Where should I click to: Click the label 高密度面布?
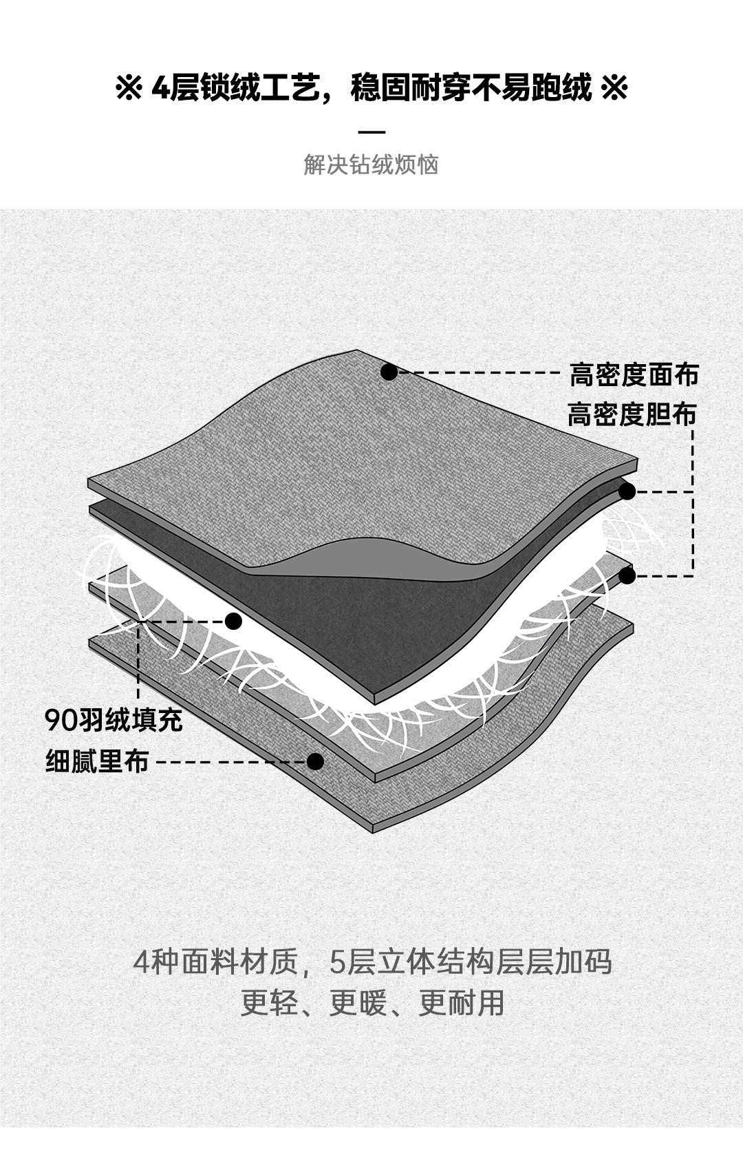click(634, 375)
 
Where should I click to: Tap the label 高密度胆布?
click(632, 415)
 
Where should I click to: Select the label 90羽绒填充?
click(114, 720)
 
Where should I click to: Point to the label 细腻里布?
click(97, 762)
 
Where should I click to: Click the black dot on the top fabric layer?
click(389, 372)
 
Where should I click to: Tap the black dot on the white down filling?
click(234, 622)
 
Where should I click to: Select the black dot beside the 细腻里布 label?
click(315, 761)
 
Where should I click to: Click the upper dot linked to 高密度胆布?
click(627, 491)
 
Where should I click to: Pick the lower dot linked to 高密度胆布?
click(627, 576)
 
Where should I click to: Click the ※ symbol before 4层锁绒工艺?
click(129, 89)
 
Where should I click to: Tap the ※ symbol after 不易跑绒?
click(614, 89)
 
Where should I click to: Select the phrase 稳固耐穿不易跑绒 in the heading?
click(471, 89)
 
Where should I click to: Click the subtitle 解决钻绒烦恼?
click(371, 165)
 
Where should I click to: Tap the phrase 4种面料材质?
click(215, 962)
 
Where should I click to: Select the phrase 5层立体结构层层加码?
click(471, 962)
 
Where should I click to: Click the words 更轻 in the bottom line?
click(269, 1003)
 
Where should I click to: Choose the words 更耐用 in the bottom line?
click(461, 1003)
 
